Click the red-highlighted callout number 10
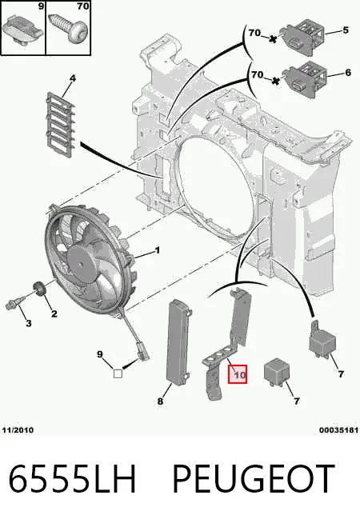(238, 374)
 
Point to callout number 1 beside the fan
(158, 250)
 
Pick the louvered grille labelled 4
(60, 126)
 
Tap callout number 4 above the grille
(73, 78)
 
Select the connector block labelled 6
(304, 80)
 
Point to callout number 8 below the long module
(160, 401)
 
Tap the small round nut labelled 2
(40, 289)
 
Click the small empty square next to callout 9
(118, 373)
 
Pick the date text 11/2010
(18, 430)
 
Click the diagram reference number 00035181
(338, 430)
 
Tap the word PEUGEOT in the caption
(254, 478)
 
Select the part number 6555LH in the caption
(73, 478)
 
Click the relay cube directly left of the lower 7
(275, 373)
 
